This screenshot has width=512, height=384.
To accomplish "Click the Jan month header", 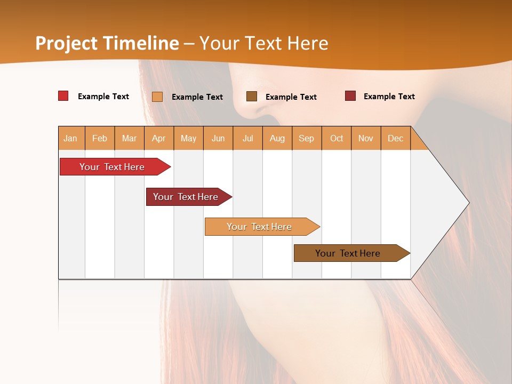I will pyautogui.click(x=71, y=138).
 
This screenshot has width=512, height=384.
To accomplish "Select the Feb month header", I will pyautogui.click(x=100, y=138).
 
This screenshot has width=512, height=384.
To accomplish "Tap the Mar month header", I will pyautogui.click(x=129, y=138).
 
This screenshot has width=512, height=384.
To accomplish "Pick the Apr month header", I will pyautogui.click(x=159, y=138).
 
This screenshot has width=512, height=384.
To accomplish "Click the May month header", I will pyautogui.click(x=188, y=138).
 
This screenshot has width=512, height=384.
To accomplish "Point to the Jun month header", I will pyautogui.click(x=218, y=138).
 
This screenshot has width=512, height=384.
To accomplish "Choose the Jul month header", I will pyautogui.click(x=247, y=138).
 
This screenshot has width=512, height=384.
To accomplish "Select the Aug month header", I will pyautogui.click(x=277, y=138).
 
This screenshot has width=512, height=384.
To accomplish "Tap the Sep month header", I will pyautogui.click(x=307, y=138).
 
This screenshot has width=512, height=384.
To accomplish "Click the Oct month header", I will pyautogui.click(x=337, y=138).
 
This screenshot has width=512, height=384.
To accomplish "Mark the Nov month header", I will pyautogui.click(x=366, y=138).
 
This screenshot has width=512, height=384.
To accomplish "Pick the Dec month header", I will pyautogui.click(x=396, y=138).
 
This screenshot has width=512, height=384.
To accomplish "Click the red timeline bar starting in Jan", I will pyautogui.click(x=112, y=167).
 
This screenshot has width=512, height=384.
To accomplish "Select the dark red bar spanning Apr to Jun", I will pyautogui.click(x=186, y=197).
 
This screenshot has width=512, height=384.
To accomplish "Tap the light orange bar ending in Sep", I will pyautogui.click(x=259, y=227).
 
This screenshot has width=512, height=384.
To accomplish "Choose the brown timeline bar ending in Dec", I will pyautogui.click(x=348, y=253).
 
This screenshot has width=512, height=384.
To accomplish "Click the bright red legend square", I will pyautogui.click(x=63, y=96).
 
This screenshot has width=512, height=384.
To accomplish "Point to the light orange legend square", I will pyautogui.click(x=157, y=97).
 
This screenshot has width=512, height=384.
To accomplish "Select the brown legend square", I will pyautogui.click(x=252, y=96).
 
